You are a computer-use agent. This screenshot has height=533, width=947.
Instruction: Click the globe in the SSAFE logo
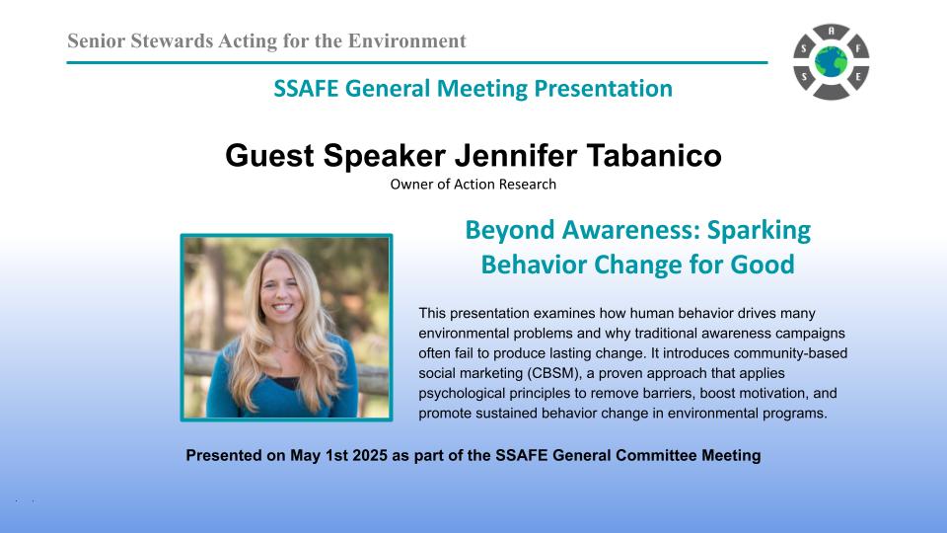(831, 62)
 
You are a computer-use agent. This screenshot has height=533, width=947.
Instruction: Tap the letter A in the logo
(832, 31)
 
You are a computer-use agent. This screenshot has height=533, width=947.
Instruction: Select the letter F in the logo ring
(857, 47)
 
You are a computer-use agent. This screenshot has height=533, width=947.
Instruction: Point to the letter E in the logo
(857, 77)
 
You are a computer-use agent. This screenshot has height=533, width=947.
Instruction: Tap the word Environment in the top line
(407, 41)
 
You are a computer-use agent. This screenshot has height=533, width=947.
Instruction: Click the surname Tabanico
(654, 155)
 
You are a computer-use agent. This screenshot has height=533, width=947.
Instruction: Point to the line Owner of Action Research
(473, 185)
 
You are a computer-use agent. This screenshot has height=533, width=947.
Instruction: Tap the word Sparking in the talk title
(759, 231)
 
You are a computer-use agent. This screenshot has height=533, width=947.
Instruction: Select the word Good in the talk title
(763, 265)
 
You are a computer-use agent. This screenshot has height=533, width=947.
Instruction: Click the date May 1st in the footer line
(319, 456)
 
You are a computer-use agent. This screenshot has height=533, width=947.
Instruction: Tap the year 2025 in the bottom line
(370, 456)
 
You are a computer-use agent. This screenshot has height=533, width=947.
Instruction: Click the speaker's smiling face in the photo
(281, 292)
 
